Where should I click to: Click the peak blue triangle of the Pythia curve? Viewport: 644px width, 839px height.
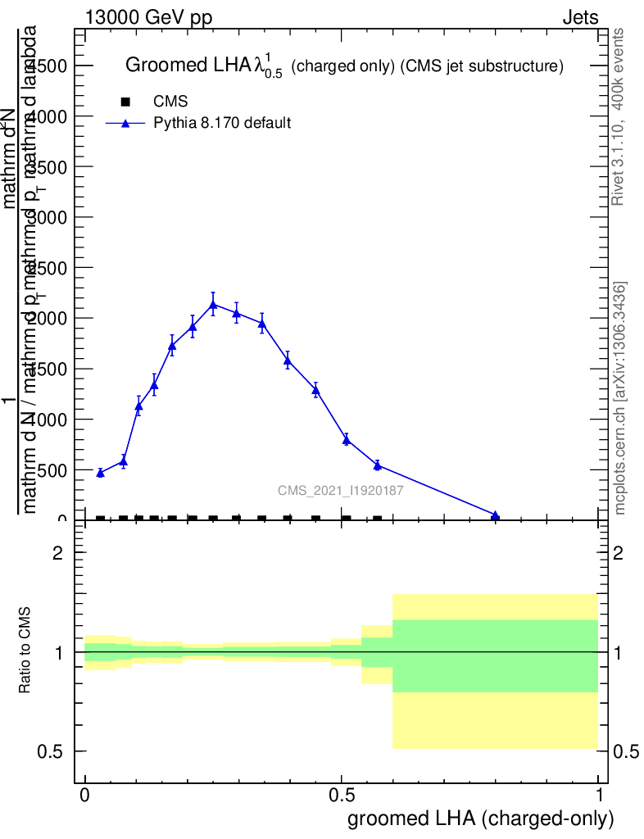[x=213, y=305]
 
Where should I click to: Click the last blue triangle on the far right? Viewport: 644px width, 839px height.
[x=495, y=515]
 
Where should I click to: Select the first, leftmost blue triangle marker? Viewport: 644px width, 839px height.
[x=100, y=473]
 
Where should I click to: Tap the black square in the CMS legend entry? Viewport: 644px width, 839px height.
[x=125, y=102]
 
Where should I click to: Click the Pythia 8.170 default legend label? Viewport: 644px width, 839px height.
[x=223, y=124]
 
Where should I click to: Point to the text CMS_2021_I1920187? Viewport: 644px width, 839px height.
[x=340, y=491]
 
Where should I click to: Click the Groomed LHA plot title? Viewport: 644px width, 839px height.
[x=343, y=66]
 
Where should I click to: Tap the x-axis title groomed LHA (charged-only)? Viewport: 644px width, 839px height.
[x=481, y=819]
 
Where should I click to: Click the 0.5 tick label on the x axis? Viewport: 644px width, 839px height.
[x=342, y=795]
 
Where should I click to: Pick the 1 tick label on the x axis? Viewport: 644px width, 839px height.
[x=600, y=795]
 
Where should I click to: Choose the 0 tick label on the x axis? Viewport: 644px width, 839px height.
[x=85, y=795]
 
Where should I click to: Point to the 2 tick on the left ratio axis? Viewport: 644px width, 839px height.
[x=58, y=553]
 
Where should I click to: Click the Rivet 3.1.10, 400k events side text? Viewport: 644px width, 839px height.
[x=619, y=116]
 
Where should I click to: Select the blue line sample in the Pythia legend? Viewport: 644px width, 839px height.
[x=125, y=124]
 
